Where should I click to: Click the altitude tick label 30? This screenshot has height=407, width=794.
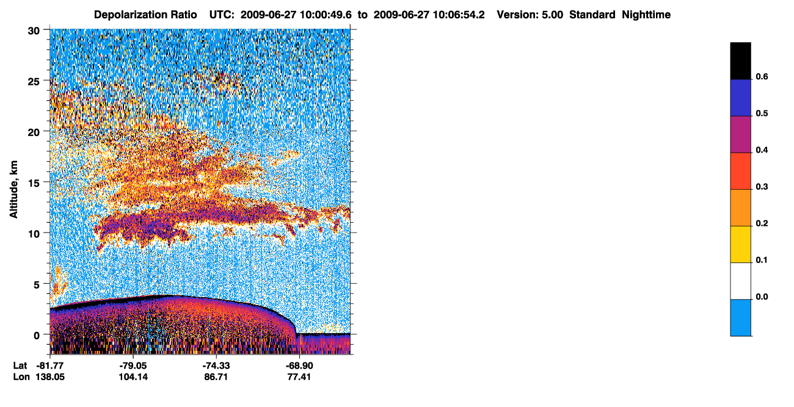[x=34, y=31]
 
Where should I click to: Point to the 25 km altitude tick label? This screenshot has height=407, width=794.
[x=34, y=82]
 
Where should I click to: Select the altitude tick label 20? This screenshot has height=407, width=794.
[x=34, y=132]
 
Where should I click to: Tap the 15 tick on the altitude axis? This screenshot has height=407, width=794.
[x=34, y=184]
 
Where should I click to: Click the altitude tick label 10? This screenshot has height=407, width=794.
[x=34, y=234]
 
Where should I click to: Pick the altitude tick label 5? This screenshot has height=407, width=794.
[x=37, y=285]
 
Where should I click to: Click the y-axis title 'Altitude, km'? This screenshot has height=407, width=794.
[x=13, y=190]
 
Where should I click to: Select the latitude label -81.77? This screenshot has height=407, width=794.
[x=50, y=366]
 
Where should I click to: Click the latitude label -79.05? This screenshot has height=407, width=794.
[x=133, y=366]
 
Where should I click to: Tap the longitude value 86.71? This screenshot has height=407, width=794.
[x=216, y=376]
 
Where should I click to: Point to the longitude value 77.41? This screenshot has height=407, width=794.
[x=299, y=376]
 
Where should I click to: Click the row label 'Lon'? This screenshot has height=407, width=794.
[x=21, y=376]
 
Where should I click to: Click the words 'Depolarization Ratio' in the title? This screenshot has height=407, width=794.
[x=145, y=15]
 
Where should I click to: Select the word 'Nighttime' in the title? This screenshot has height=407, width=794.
[x=646, y=15]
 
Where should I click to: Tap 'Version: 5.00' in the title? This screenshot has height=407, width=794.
[x=530, y=15]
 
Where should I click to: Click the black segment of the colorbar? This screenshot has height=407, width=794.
[x=740, y=61]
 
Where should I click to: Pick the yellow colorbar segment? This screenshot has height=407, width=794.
[x=740, y=245]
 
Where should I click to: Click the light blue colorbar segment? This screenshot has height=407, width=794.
[x=740, y=318]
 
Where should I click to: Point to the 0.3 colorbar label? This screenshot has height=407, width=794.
[x=762, y=187]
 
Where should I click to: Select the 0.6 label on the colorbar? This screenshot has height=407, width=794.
[x=762, y=76]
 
